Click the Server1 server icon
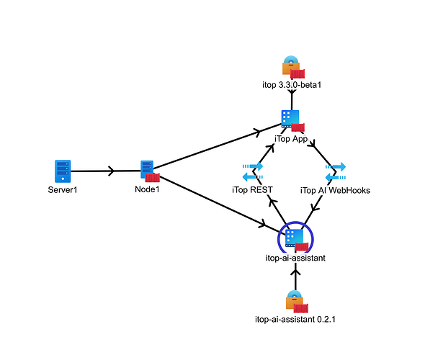(63, 171)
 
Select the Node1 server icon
(147, 170)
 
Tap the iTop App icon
(290, 119)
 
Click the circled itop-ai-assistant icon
(295, 238)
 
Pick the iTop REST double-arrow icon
(253, 171)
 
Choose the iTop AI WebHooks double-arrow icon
(336, 172)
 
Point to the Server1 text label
(63, 190)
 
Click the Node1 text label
(147, 189)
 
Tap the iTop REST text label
(252, 190)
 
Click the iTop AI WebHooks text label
(335, 190)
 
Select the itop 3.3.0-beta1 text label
(292, 85)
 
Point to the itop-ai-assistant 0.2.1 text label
(295, 319)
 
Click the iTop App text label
(291, 139)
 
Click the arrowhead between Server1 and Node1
(112, 171)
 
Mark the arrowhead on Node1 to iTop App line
(256, 132)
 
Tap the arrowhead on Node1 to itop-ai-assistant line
(262, 223)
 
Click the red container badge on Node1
(152, 178)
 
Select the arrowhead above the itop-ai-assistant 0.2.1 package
(295, 271)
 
